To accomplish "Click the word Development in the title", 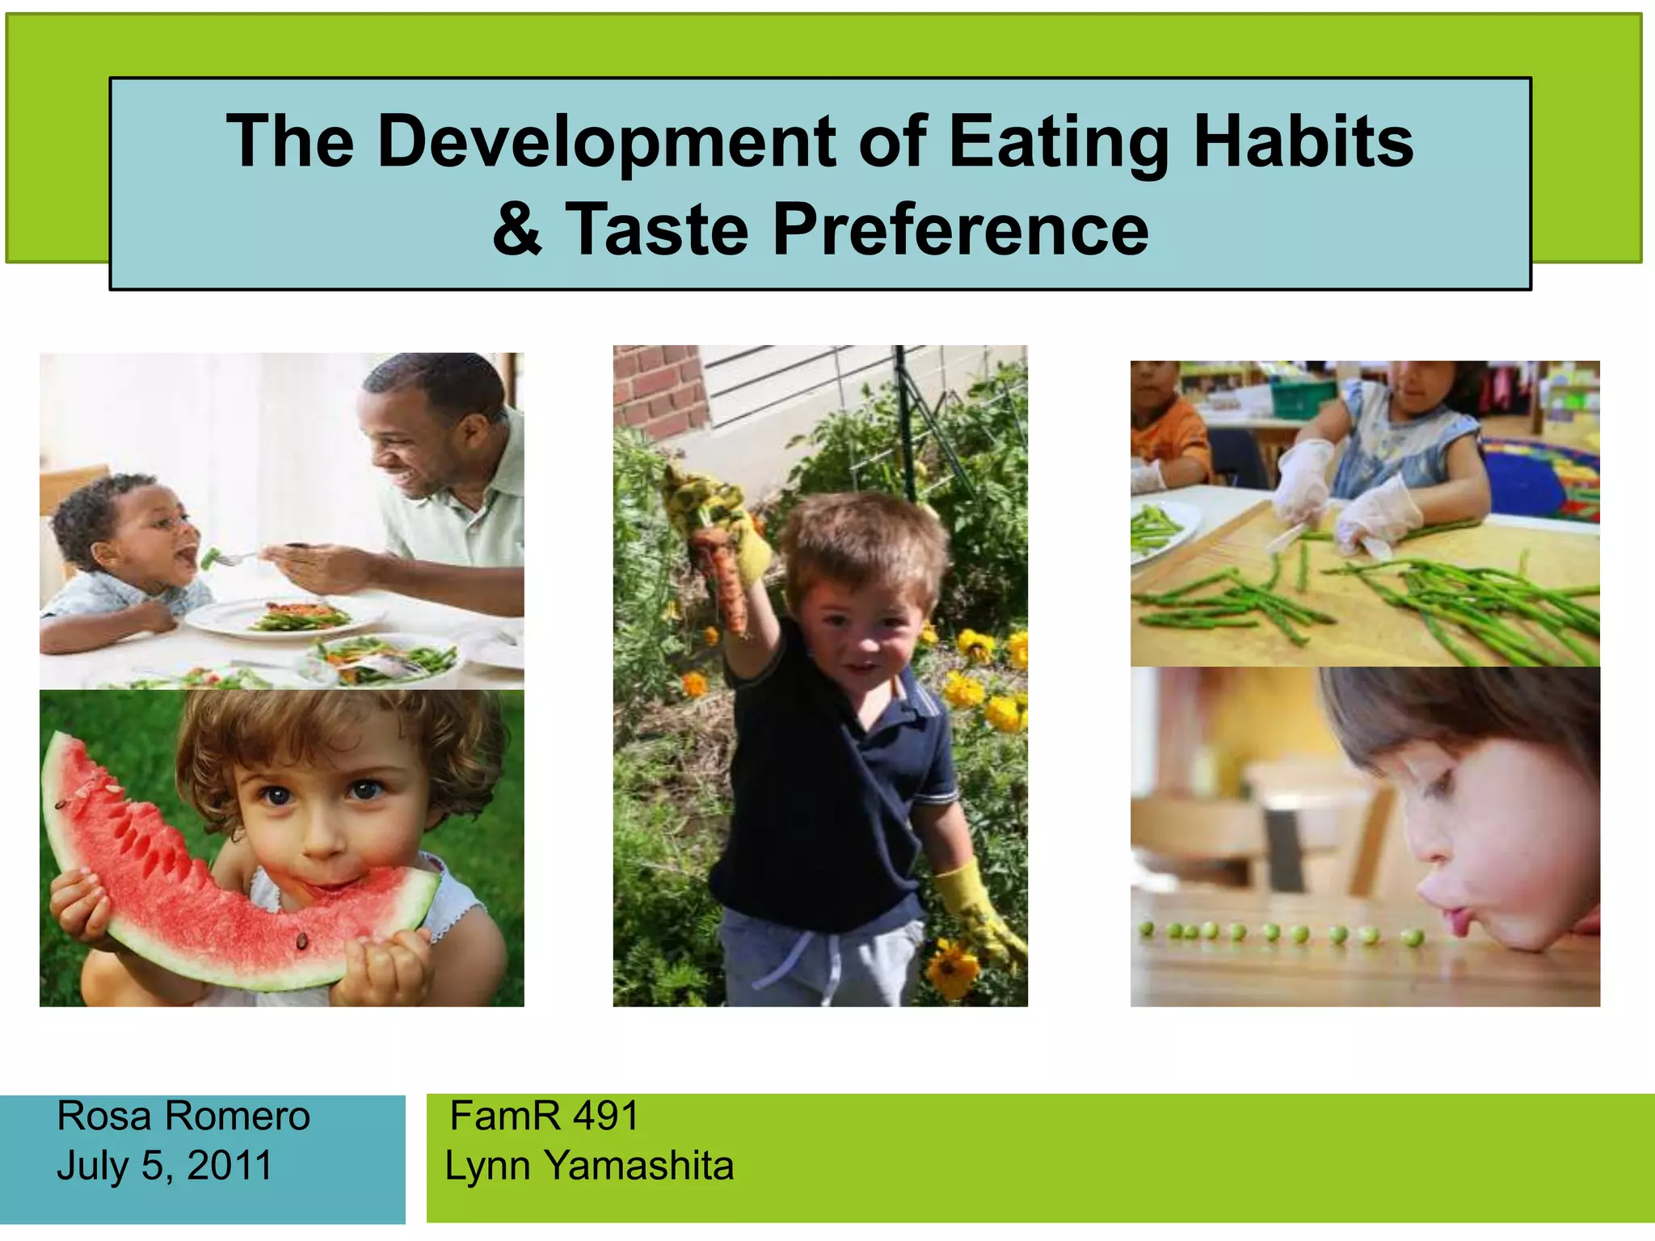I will pyautogui.click(x=606, y=142).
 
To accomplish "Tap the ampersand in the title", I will pyautogui.click(x=517, y=229).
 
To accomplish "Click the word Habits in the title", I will pyautogui.click(x=1303, y=142).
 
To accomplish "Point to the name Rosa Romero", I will pyautogui.click(x=183, y=1117).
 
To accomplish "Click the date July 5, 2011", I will pyautogui.click(x=165, y=1166).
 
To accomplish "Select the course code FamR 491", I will pyautogui.click(x=544, y=1117).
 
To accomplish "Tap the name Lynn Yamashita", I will pyautogui.click(x=589, y=1166).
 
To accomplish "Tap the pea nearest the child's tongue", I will pyautogui.click(x=1413, y=938).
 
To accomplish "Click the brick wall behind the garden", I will pyautogui.click(x=659, y=388).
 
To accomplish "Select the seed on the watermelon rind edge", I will pyautogui.click(x=302, y=940).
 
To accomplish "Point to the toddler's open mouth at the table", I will pyautogui.click(x=186, y=556).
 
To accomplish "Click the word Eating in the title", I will pyautogui.click(x=1059, y=142).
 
